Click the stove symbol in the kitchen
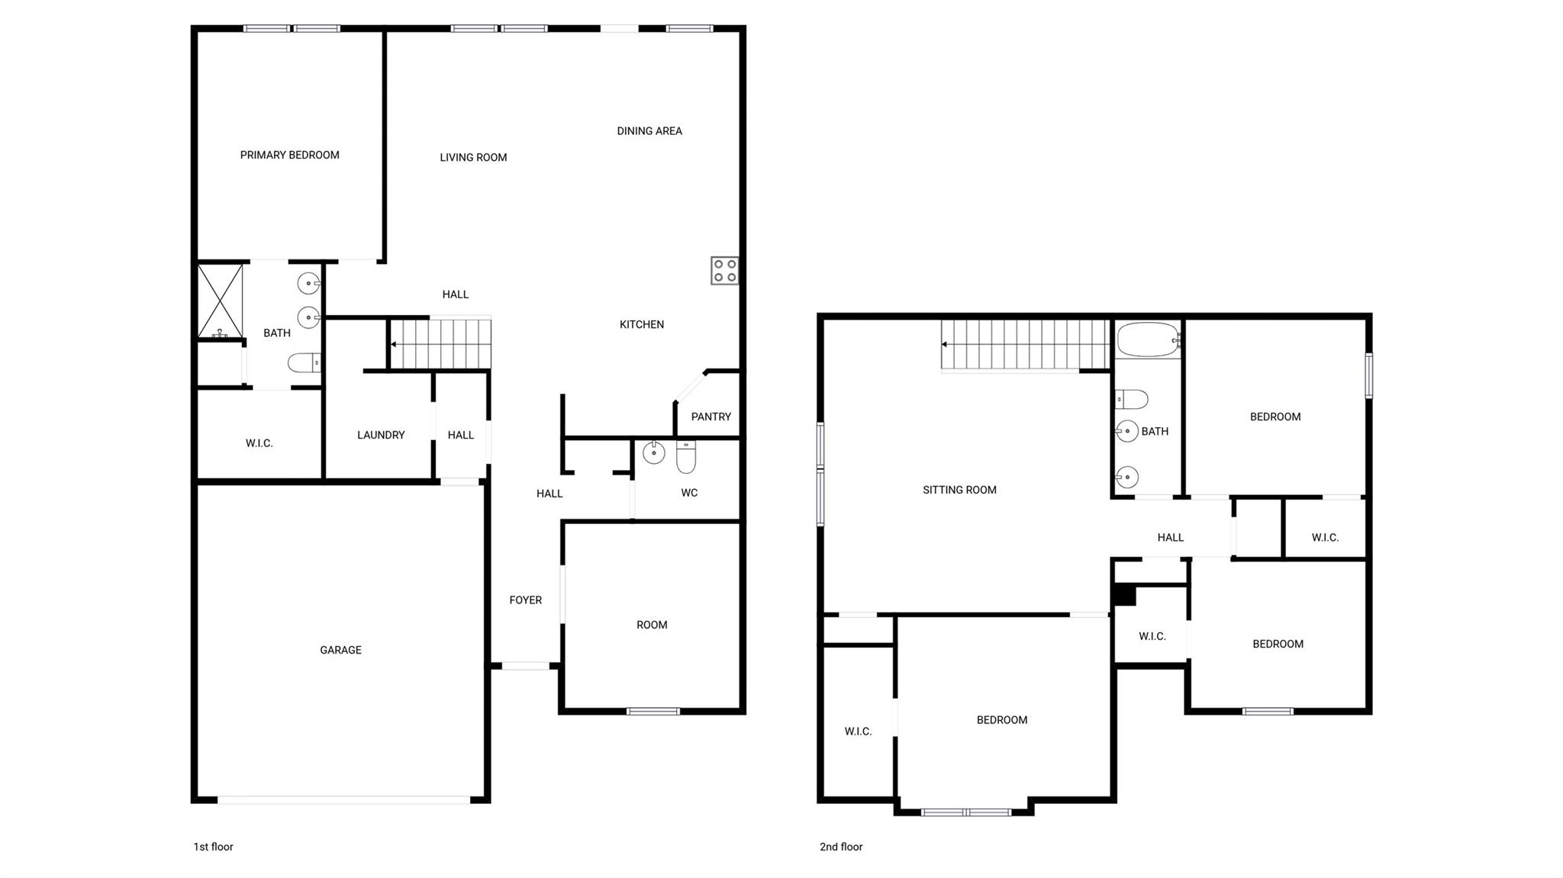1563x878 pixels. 724,271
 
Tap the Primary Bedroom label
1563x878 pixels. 289,155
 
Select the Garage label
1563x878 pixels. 340,650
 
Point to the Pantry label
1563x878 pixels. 711,416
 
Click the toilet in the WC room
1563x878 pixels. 686,456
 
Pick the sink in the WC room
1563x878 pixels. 654,452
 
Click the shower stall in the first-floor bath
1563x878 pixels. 220,301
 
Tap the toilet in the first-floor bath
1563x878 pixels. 304,362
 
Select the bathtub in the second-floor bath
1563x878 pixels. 1148,339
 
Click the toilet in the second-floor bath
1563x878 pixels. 1133,399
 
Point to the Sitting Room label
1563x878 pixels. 959,490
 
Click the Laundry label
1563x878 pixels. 381,435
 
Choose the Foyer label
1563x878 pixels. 525,600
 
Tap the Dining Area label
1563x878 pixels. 649,131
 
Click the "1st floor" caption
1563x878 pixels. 213,847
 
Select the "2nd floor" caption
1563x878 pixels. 841,847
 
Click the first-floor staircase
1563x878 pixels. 440,344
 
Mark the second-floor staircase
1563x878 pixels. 1024,345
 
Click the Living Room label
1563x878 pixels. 473,158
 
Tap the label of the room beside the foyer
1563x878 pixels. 652,625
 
